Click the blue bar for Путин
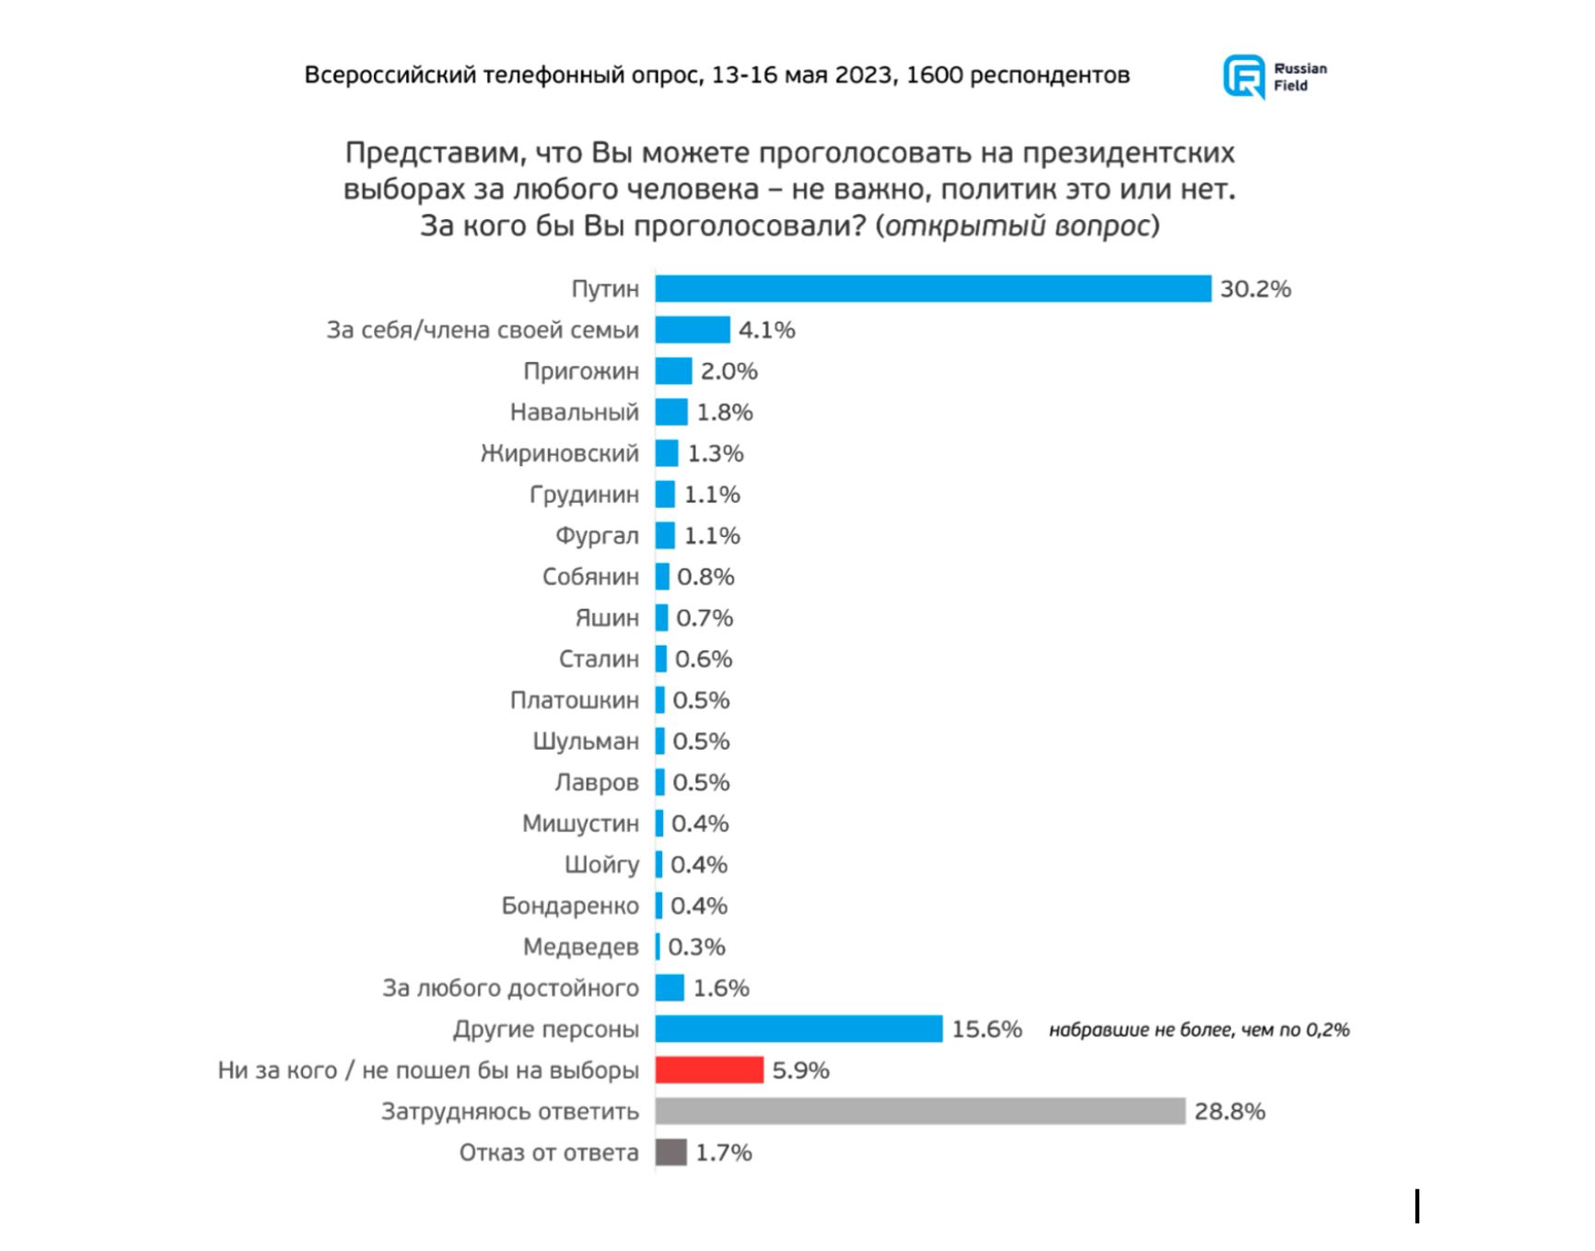point(932,288)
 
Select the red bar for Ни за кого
point(709,1070)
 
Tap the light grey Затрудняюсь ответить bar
point(919,1111)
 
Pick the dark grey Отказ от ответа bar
point(670,1152)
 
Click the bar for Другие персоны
point(798,1029)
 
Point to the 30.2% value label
point(1255,289)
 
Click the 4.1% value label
point(766,330)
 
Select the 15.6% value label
point(986,1029)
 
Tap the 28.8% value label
point(1229,1112)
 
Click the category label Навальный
point(574,412)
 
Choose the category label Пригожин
point(580,371)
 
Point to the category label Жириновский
point(559,453)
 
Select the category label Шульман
point(585,742)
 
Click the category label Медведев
point(580,947)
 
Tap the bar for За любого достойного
point(669,988)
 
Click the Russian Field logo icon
point(1243,76)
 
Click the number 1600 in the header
point(934,75)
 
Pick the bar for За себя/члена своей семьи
point(693,330)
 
